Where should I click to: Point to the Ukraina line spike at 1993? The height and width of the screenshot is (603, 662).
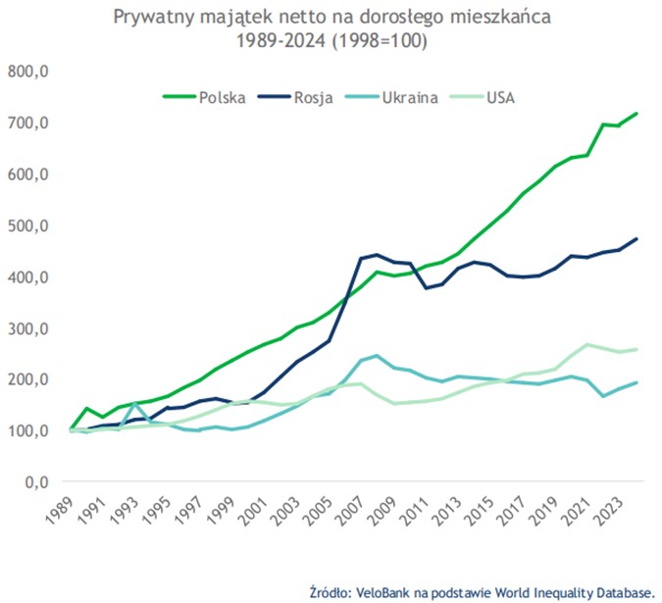point(134,404)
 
